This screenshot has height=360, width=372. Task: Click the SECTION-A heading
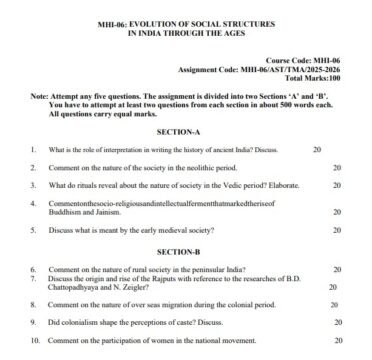[x=189, y=131]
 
